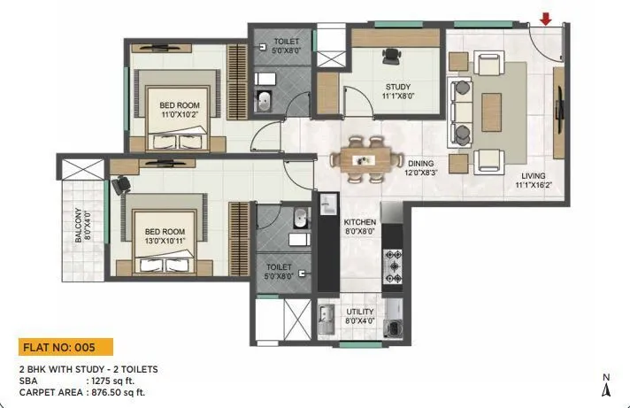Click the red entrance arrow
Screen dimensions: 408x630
tap(546, 18)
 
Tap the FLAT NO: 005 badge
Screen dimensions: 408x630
tap(65, 346)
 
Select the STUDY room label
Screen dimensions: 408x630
tap(396, 86)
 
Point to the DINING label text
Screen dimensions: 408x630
tap(420, 163)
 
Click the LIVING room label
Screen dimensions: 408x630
tap(534, 176)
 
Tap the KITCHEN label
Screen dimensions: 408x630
tap(360, 222)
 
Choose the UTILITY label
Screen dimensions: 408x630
tap(360, 312)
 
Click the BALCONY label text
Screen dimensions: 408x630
tap(78, 226)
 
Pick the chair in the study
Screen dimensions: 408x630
tap(390, 55)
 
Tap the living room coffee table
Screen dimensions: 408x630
tap(491, 112)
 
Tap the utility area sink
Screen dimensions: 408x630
tap(326, 317)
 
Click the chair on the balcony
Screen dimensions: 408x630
tap(119, 183)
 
